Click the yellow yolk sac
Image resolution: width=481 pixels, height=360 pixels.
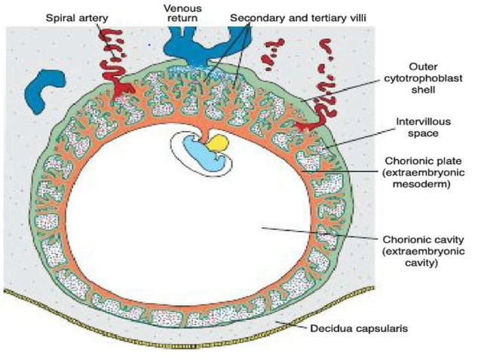point(219,144)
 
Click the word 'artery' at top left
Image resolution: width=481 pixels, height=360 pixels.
point(96,15)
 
